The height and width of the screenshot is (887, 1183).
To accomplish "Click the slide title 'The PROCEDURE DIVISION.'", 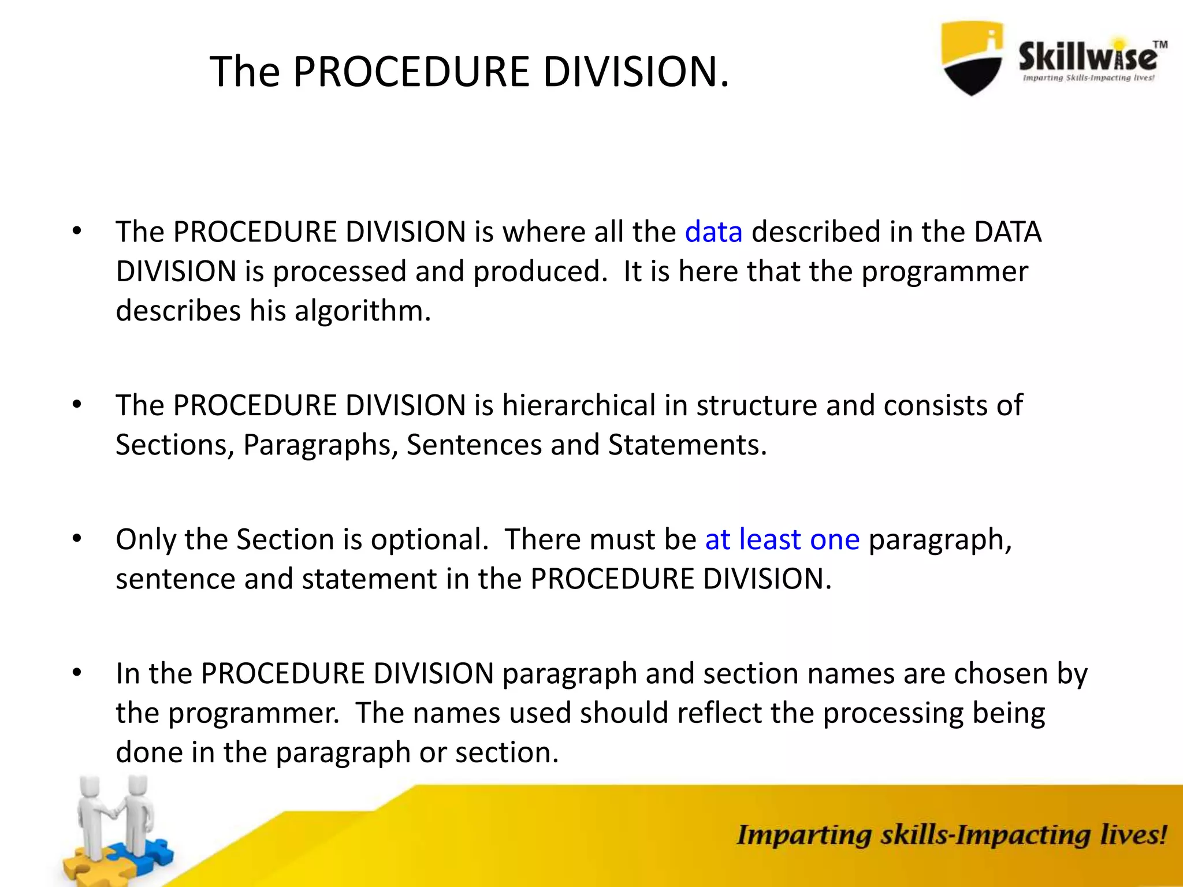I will [x=469, y=72].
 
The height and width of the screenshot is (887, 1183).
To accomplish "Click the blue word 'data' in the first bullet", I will [x=713, y=232].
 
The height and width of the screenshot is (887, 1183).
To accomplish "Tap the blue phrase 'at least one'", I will [x=782, y=539].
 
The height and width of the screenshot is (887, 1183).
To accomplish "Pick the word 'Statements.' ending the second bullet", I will [x=687, y=445].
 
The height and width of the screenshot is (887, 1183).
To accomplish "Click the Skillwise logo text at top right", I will [x=1087, y=58].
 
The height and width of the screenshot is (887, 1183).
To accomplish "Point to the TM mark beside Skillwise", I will [x=1160, y=44].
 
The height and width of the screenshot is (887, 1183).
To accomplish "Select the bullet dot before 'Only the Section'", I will [x=77, y=539].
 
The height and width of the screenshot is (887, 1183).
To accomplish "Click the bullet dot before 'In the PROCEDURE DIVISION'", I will [x=77, y=673].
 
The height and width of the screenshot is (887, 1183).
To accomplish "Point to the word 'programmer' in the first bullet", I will [x=944, y=271].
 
